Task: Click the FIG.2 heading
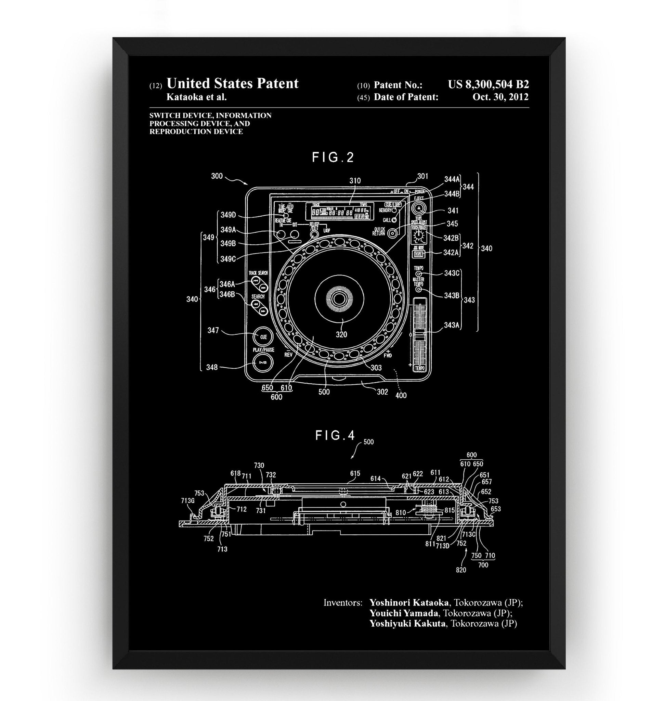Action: [x=333, y=157]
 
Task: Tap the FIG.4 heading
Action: [x=335, y=435]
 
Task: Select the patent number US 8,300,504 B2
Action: [x=488, y=85]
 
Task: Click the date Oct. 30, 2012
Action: [x=500, y=97]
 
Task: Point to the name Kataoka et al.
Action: [x=196, y=97]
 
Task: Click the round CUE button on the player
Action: [x=263, y=337]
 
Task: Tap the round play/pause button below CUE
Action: [x=263, y=363]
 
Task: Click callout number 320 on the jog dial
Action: [x=341, y=334]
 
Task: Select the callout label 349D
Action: [x=228, y=215]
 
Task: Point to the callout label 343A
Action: [x=452, y=324]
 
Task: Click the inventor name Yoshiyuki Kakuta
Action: [x=407, y=623]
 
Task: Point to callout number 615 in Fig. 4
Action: [x=355, y=474]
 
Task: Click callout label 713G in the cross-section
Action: [x=187, y=500]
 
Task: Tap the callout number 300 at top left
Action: [x=217, y=176]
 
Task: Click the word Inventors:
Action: [x=343, y=602]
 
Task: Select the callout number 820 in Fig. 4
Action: [x=461, y=570]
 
